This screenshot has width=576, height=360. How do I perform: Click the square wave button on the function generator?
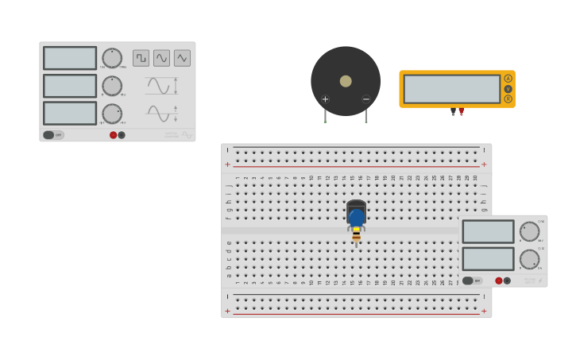point(141,58)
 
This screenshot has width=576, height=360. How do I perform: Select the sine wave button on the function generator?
point(161,58)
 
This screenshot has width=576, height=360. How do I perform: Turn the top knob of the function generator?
point(112,58)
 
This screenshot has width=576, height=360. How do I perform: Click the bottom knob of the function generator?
point(112,113)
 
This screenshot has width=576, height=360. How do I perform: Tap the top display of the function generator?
point(70,58)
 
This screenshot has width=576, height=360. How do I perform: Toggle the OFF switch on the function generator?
point(53,135)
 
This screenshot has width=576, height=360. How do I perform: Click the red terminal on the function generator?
point(114,135)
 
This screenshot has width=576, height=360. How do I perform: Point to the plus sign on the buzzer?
point(325,99)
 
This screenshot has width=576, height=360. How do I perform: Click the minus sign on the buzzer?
point(366,99)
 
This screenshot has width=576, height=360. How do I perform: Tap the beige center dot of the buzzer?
point(346,81)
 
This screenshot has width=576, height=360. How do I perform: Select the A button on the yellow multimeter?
point(508,79)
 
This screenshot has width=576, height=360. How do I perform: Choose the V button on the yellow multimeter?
point(508,89)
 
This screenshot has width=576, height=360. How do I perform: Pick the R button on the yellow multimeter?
point(508,99)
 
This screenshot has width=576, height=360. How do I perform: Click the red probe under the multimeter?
point(461,112)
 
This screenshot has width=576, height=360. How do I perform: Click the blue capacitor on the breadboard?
point(356,217)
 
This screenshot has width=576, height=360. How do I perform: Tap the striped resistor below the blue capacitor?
point(356,234)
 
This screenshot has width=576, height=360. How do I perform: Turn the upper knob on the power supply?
point(529,231)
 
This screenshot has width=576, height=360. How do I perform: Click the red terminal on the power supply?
point(499,281)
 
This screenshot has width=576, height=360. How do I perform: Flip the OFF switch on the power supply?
point(472,281)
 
